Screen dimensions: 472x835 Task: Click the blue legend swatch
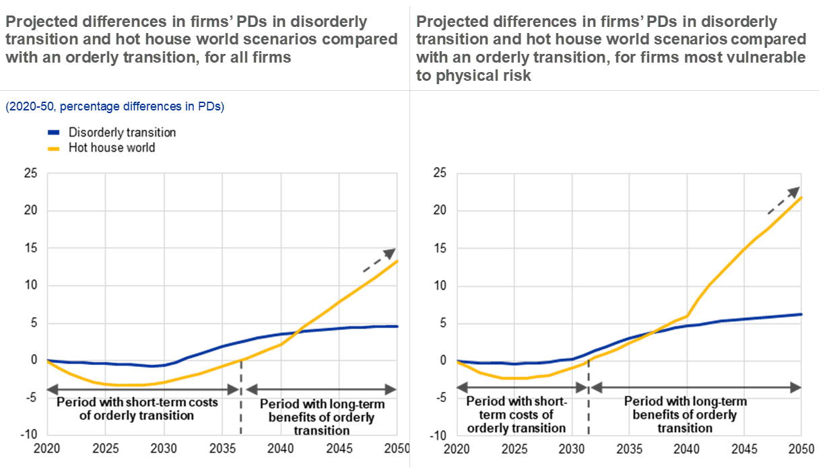pos(54,133)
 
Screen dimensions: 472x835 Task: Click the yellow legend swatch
pos(54,149)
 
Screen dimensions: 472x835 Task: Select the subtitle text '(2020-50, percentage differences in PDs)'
pos(114,106)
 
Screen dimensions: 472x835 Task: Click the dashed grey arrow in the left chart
pos(379,260)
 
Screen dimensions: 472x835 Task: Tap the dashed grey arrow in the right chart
pos(784,201)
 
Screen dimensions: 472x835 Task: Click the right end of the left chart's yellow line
pos(398,261)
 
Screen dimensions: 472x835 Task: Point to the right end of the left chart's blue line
pos(398,326)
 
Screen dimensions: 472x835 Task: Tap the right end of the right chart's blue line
pos(801,314)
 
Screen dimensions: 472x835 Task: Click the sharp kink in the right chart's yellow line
pos(688,314)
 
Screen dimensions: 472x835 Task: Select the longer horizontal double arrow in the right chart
pos(695,388)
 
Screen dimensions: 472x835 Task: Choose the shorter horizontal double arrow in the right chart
pos(523,388)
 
